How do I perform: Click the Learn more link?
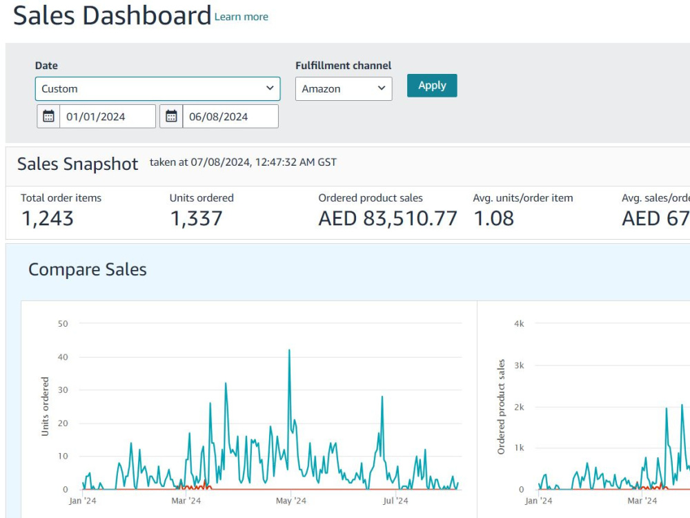point(241,17)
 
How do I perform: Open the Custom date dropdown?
point(157,88)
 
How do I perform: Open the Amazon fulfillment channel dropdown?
point(344,88)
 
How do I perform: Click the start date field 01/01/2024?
point(108,116)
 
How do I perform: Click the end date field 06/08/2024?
point(230,116)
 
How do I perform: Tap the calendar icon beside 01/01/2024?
point(48,116)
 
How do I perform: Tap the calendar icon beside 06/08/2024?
point(171,116)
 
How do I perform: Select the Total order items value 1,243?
point(48,218)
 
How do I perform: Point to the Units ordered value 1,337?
point(196,218)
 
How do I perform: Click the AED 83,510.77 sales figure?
point(388,218)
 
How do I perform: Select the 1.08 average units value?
point(494,218)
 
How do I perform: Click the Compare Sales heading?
point(88,269)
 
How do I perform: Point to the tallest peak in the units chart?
point(289,349)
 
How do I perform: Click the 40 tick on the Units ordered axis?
point(63,357)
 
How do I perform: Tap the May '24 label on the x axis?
point(291,501)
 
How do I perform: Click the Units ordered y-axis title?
point(45,406)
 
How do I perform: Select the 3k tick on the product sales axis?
point(520,365)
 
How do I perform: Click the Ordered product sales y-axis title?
point(501,407)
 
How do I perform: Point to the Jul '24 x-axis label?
point(395,501)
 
